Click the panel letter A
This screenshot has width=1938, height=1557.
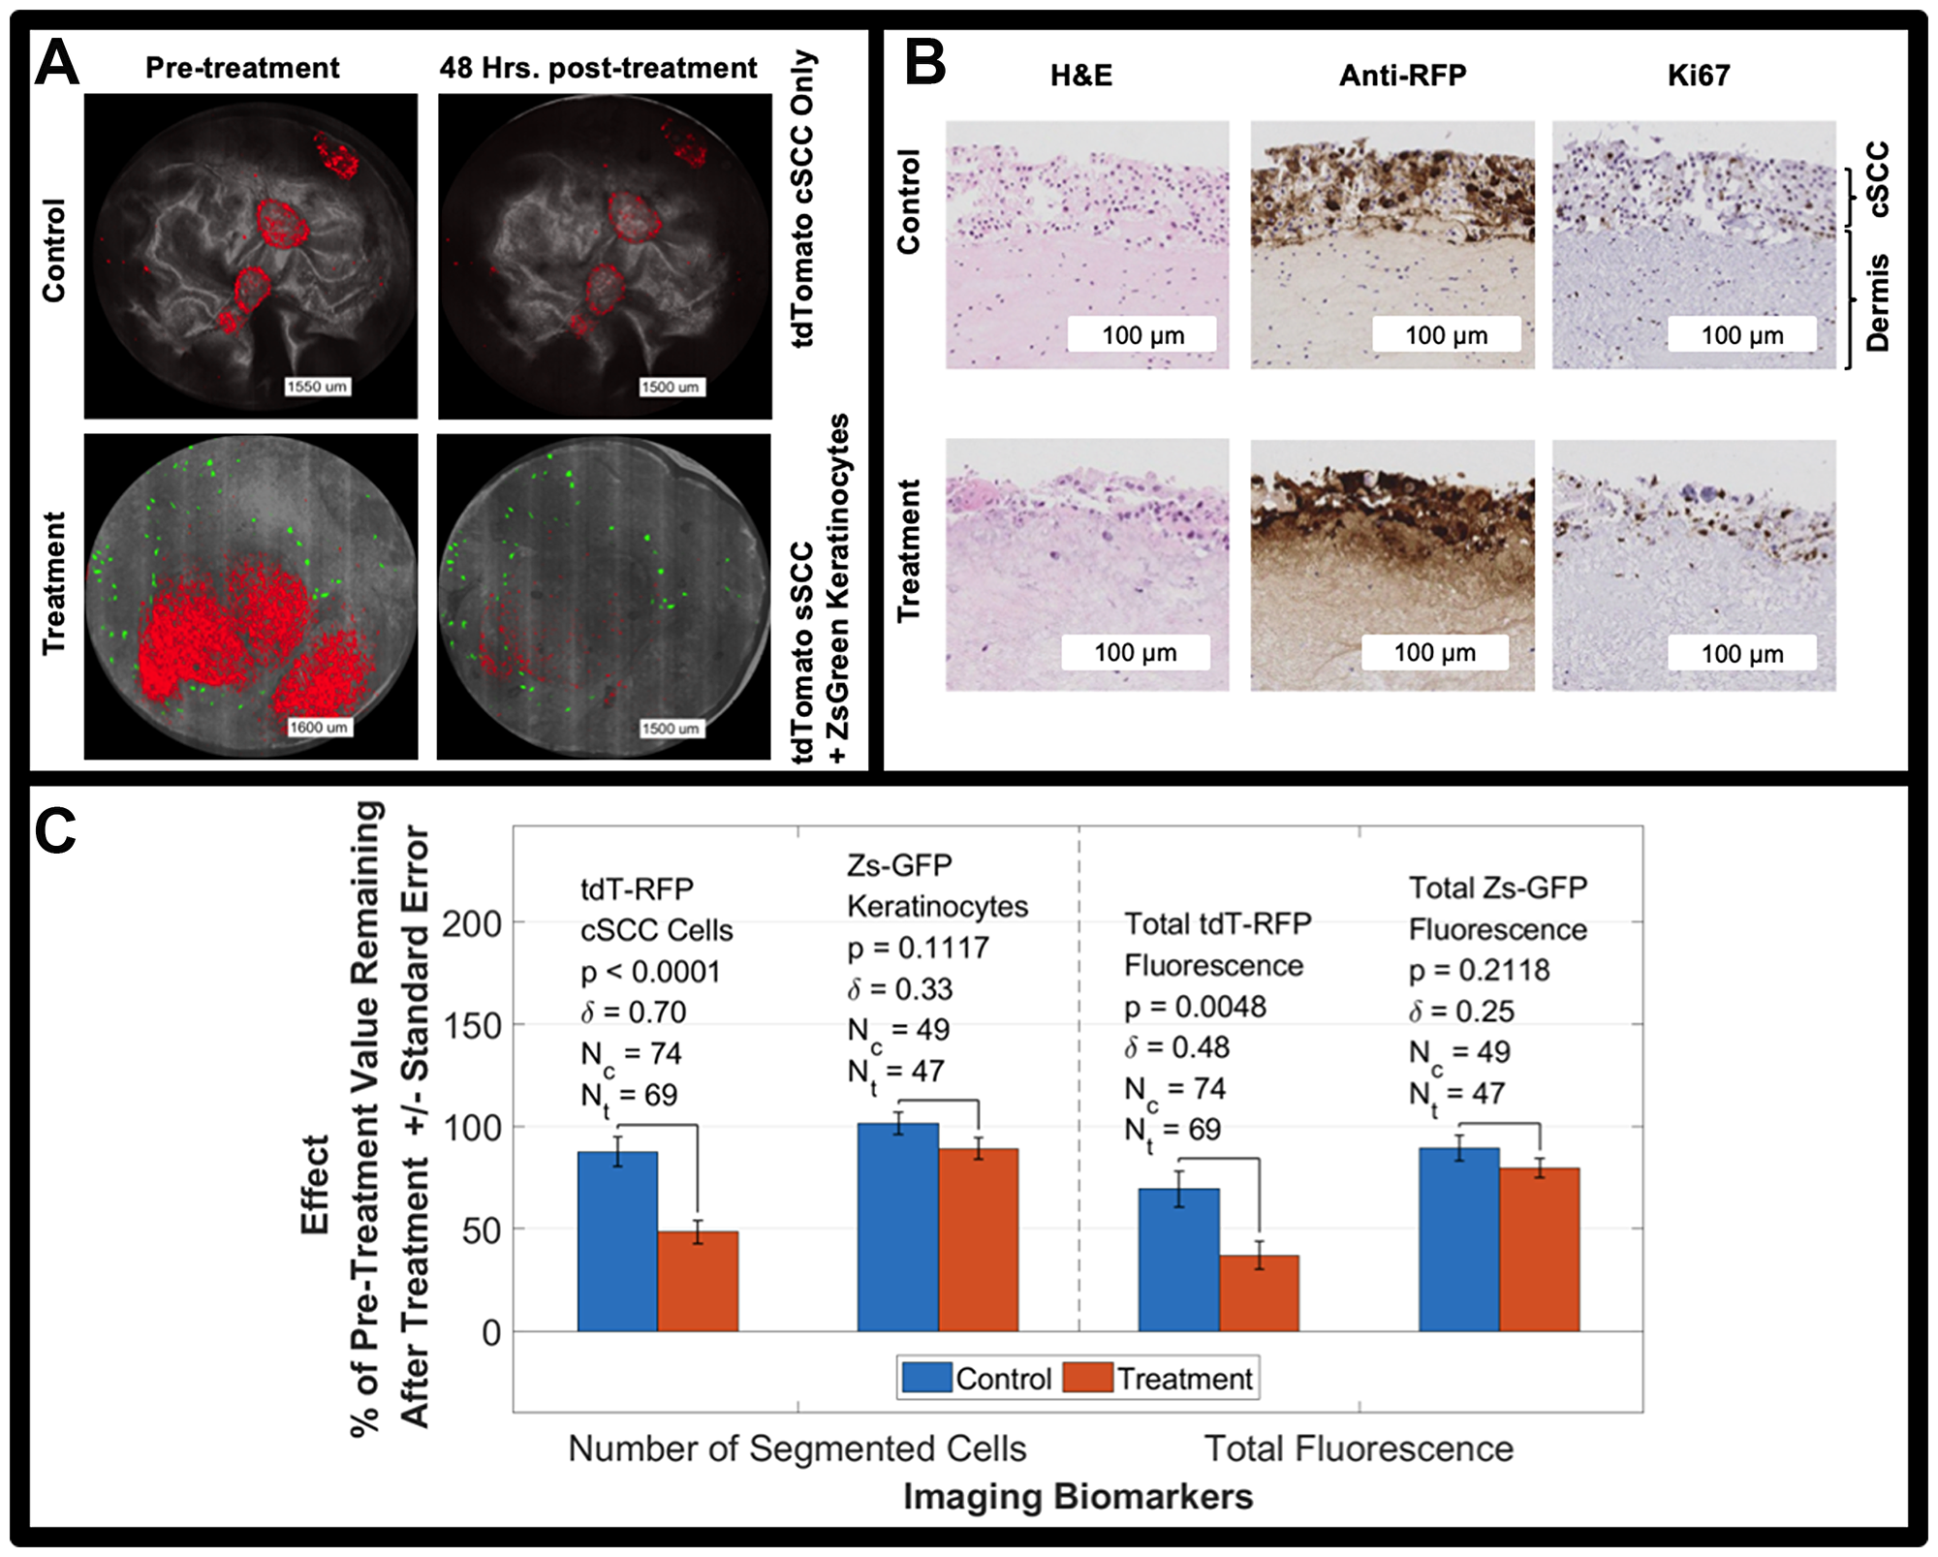[56, 64]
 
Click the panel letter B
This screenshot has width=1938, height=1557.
[924, 64]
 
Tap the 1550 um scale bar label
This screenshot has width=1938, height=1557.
[317, 387]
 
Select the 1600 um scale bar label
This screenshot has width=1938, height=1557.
[318, 727]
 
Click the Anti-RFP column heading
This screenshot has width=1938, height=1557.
[1402, 76]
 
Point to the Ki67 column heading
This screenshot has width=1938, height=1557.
[1698, 76]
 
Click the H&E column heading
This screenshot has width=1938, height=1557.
[1080, 76]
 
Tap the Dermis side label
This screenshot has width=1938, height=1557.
[1877, 302]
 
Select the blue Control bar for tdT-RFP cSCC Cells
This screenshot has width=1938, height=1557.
[617, 1240]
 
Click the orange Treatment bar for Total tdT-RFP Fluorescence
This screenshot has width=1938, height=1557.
[1259, 1293]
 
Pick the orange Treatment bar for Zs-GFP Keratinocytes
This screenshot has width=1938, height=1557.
[978, 1240]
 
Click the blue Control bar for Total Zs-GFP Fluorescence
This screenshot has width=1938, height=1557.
[1458, 1240]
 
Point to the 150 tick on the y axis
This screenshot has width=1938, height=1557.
[471, 1025]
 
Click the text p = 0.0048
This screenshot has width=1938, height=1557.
[1195, 1007]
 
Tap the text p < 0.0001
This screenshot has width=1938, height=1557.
[650, 972]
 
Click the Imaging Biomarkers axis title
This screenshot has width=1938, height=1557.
[1078, 1496]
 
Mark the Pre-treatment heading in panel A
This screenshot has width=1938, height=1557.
[242, 68]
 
